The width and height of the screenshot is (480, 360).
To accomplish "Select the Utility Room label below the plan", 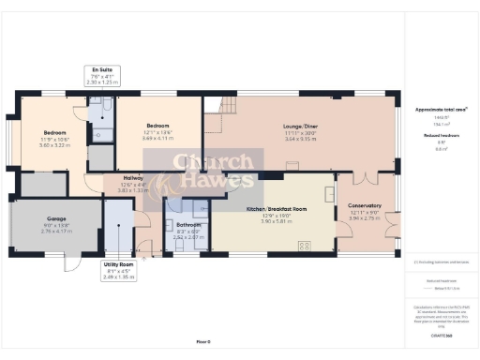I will pyautogui.click(x=119, y=265).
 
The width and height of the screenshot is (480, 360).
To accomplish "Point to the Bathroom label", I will pyautogui.click(x=187, y=225).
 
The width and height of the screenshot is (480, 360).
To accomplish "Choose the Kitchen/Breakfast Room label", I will pyautogui.click(x=271, y=207).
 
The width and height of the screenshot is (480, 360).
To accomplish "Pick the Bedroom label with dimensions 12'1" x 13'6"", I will pyautogui.click(x=157, y=125).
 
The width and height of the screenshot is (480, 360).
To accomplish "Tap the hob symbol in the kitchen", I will pyautogui.click(x=305, y=246).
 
